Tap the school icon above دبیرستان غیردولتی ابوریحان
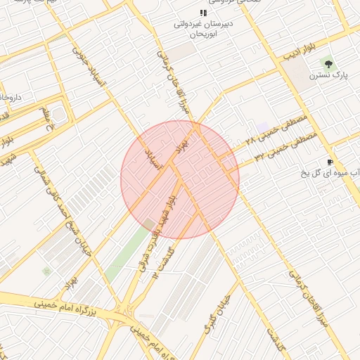point(203,13)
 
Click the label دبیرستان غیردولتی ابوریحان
point(202,27)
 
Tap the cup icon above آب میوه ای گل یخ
point(330,162)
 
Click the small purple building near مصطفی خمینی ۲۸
point(264,127)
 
